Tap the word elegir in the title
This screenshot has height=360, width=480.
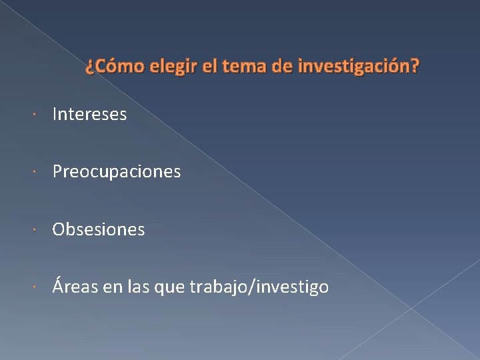tap(174, 67)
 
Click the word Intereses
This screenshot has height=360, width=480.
tap(89, 115)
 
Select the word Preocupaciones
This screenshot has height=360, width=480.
tap(117, 172)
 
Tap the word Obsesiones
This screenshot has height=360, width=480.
tap(99, 230)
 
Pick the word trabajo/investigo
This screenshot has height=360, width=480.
tap(259, 287)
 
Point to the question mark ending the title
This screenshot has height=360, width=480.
tap(416, 67)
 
